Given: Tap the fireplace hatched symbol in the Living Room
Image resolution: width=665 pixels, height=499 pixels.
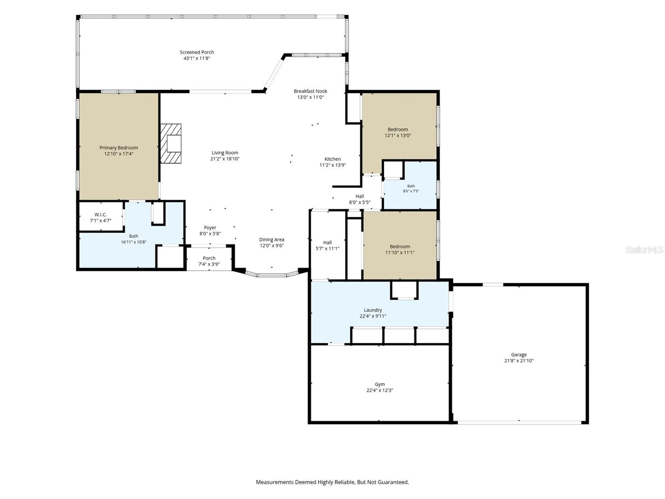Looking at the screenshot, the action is (171, 143).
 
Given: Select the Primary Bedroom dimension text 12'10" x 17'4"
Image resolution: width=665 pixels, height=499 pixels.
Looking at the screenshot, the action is (119, 154).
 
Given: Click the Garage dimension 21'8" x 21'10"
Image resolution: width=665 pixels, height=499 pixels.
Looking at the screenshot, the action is (519, 361).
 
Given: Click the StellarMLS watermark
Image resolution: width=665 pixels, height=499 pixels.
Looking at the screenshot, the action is (644, 249).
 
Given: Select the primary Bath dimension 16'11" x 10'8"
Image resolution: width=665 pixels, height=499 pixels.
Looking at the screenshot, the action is (133, 242).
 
